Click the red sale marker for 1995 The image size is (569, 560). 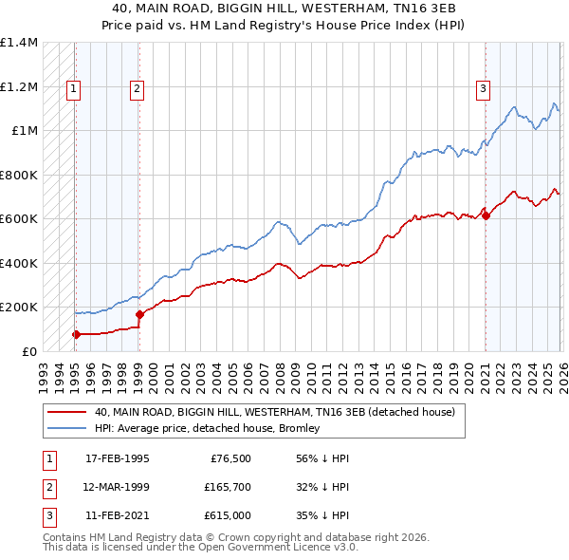[x=76, y=334]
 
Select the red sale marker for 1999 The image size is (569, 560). [x=139, y=314]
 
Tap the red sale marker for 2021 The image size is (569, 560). [x=486, y=215]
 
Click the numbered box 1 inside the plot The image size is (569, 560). [x=73, y=89]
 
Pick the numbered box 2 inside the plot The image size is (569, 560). [x=137, y=89]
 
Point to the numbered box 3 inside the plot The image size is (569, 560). [x=483, y=89]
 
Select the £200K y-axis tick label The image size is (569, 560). [x=18, y=308]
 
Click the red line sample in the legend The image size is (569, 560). [x=66, y=412]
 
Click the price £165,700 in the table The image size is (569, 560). [x=229, y=487]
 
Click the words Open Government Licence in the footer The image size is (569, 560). [x=272, y=548]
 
